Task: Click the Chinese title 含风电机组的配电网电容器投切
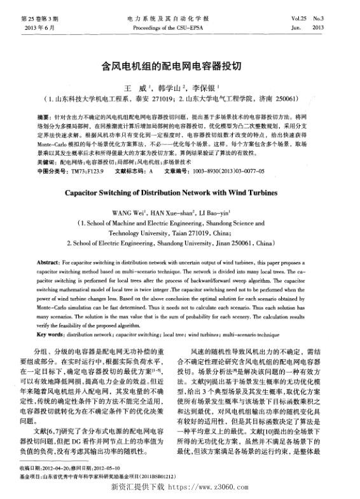180,66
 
